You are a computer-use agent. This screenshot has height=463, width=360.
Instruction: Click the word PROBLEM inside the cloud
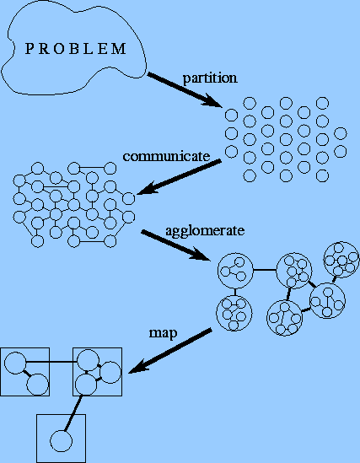(x=76, y=49)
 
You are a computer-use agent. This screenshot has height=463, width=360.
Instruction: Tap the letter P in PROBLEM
(x=29, y=49)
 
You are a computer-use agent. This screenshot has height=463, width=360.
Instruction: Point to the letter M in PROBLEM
(x=121, y=49)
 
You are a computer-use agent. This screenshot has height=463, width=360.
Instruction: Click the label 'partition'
(x=210, y=78)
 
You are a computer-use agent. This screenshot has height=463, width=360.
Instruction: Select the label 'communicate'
(x=166, y=156)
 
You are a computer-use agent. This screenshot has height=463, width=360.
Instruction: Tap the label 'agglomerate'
(x=205, y=231)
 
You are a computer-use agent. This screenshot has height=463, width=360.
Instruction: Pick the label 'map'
(x=164, y=334)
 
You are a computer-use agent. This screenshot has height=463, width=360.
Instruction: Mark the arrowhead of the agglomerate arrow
(x=200, y=255)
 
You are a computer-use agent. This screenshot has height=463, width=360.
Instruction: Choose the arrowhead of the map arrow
(x=138, y=367)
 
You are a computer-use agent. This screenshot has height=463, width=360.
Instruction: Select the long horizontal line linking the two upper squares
(x=51, y=362)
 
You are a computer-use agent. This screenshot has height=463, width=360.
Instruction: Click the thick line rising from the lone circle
(x=73, y=412)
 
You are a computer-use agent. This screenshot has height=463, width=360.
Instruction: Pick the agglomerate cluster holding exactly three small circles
(x=235, y=271)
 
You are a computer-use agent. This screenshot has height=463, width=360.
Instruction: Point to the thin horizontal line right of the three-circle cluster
(x=265, y=270)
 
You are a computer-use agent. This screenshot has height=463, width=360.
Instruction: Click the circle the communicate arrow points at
(x=129, y=199)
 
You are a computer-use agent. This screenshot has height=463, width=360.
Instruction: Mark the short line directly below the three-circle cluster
(x=235, y=292)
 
